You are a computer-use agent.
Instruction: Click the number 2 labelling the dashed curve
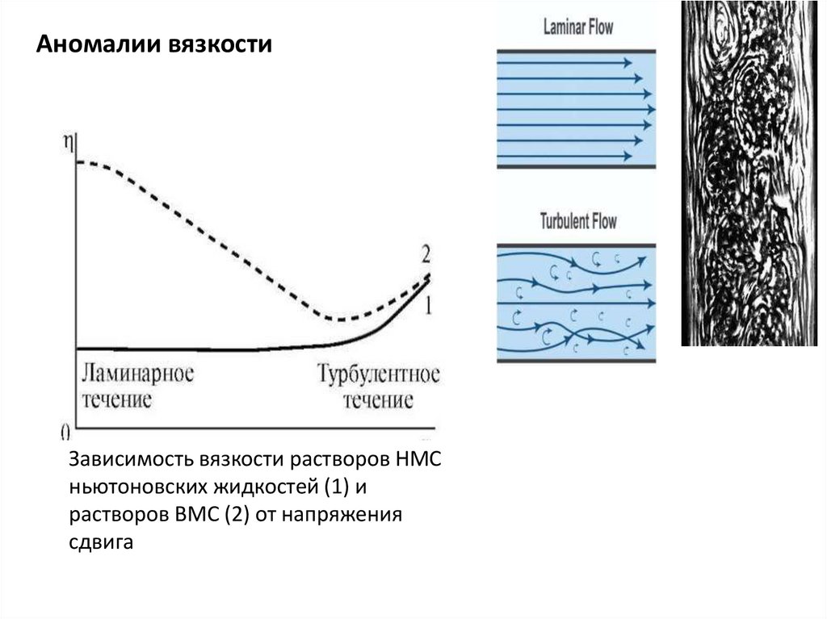[x=426, y=255]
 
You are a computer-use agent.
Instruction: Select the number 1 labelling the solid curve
[x=429, y=305]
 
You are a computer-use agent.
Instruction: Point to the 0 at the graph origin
[x=65, y=430]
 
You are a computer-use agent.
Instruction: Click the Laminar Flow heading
[x=577, y=27]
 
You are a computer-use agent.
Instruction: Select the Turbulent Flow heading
[x=577, y=220]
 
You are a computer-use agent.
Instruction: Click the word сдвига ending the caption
[x=100, y=543]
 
